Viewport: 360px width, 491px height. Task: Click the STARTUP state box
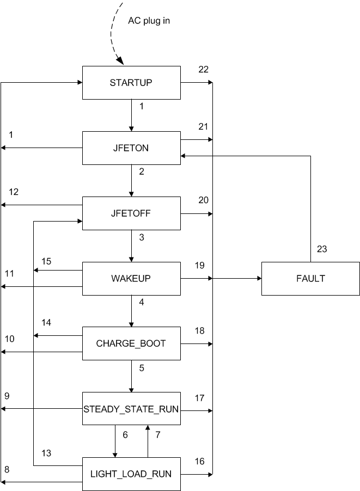131,83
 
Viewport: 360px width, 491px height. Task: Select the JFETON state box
131,148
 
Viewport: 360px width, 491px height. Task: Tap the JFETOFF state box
131,213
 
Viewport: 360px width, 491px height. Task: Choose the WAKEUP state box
131,278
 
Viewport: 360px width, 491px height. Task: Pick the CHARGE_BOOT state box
131,343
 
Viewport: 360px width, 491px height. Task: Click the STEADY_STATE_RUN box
131,408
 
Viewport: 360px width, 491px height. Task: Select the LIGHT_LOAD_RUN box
131,474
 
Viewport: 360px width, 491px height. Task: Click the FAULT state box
310,278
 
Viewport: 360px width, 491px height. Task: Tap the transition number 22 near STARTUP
203,69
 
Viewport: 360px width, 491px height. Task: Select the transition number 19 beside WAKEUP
200,265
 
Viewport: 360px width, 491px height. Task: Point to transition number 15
46,261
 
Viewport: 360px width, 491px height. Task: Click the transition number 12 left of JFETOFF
14,192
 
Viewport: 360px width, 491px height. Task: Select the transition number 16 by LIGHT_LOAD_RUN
199,461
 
